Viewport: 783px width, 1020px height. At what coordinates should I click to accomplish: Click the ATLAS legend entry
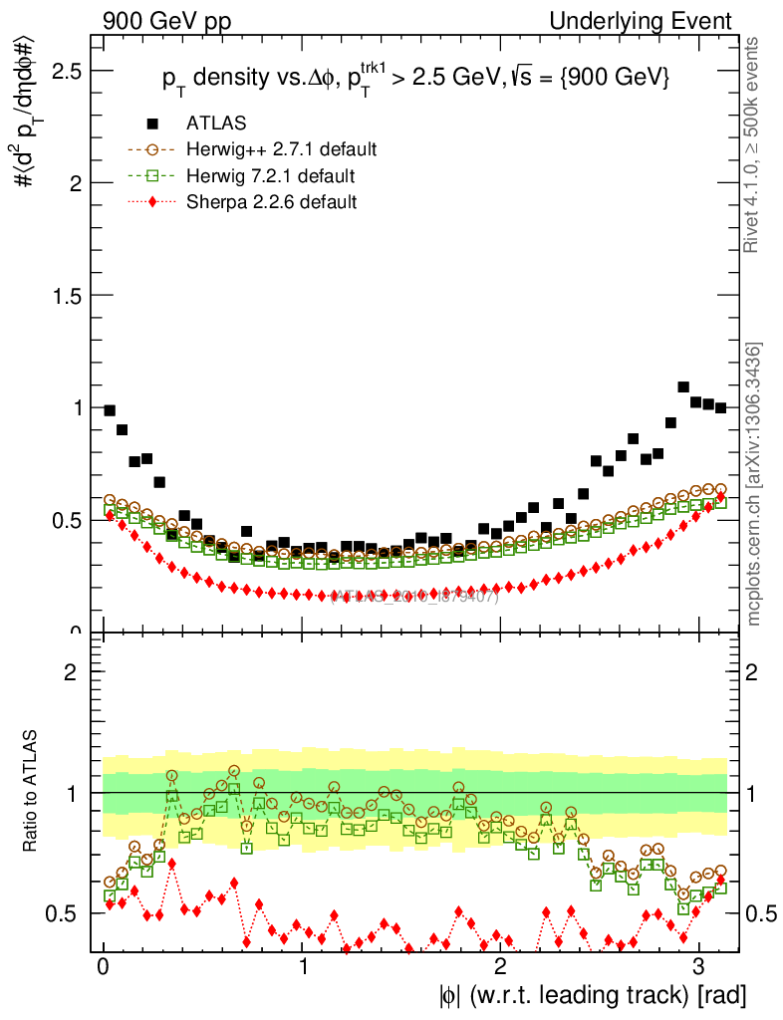pos(216,124)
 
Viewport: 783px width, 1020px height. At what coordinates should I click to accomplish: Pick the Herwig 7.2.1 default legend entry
pos(270,176)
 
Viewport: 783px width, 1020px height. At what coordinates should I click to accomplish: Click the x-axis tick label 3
pos(698,966)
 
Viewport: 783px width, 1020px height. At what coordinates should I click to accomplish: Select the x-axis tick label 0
pos(104,966)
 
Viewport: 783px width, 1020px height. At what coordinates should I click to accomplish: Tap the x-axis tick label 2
pos(500,966)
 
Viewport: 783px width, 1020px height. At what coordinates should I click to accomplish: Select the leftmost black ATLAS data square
pos(110,410)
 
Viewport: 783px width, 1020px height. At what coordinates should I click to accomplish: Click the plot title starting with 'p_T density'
pos(415,78)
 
